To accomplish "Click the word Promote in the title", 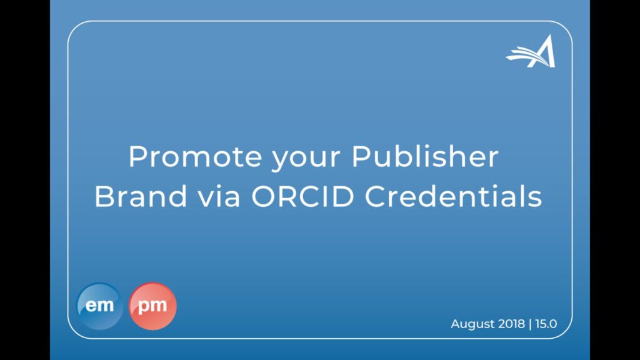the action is (195, 156).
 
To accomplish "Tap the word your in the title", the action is (306, 159).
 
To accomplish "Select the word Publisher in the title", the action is (425, 156).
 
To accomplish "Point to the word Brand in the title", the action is (141, 196).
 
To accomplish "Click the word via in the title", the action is (219, 196).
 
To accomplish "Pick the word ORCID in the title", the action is (302, 196).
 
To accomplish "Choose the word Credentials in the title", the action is (453, 196).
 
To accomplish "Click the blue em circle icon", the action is (99, 306).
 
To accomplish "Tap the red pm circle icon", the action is (152, 306).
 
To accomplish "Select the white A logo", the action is (531, 51).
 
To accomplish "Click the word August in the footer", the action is (472, 324).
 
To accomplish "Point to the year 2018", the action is (511, 324).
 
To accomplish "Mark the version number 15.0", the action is (546, 324).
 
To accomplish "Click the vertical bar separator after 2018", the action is (530, 324).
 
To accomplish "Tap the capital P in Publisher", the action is (361, 156).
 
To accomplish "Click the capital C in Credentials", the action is (376, 196).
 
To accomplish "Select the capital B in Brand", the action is (104, 196).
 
